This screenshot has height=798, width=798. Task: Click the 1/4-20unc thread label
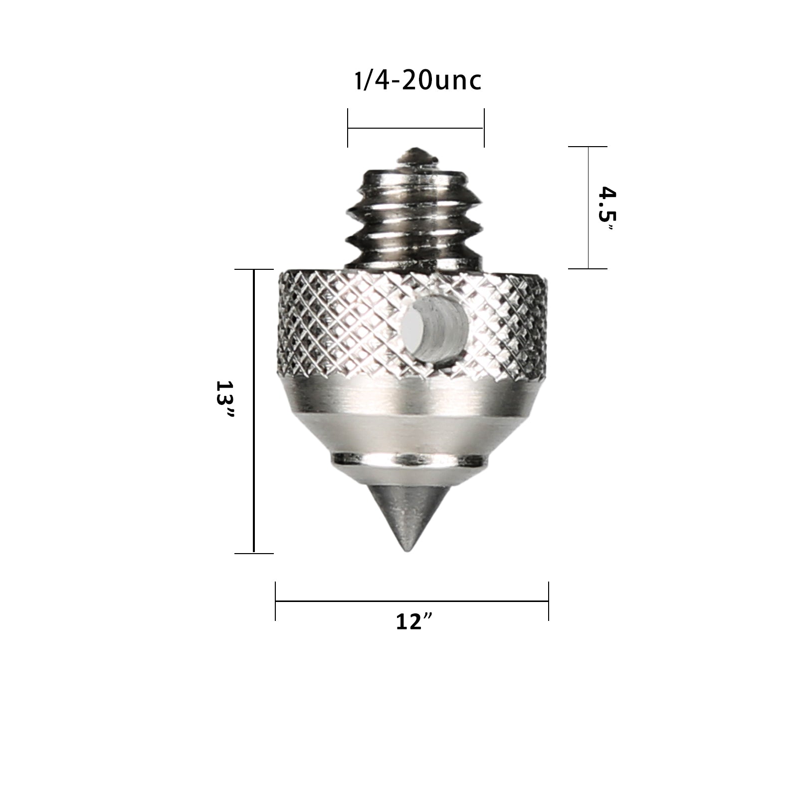(418, 81)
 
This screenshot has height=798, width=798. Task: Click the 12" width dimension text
(413, 621)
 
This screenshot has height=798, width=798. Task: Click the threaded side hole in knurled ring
(432, 332)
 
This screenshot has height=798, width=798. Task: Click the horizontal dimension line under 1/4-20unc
(415, 128)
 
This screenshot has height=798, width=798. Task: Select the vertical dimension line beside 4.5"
(588, 207)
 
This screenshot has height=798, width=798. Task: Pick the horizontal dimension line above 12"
(412, 601)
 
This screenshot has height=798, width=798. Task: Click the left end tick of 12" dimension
(275, 601)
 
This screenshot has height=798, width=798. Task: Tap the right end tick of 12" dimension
(549, 601)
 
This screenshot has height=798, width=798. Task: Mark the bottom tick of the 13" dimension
(254, 553)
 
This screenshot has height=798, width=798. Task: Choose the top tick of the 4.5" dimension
(588, 147)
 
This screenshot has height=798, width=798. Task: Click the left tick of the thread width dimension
(348, 129)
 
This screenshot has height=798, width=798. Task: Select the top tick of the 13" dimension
(254, 269)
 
